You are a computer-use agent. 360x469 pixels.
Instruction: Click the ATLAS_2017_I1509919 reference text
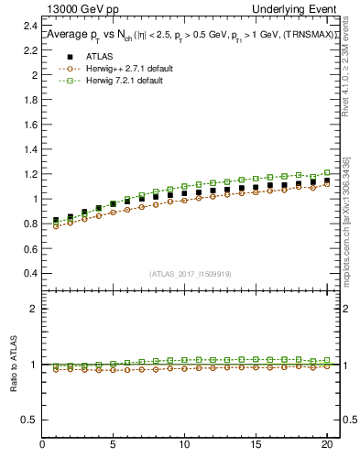190,273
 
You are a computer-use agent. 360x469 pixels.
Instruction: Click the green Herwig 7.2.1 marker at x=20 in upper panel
326,172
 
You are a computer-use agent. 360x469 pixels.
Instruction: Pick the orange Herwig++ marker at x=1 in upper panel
57,225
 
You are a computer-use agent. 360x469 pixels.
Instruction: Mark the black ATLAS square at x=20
326,180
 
